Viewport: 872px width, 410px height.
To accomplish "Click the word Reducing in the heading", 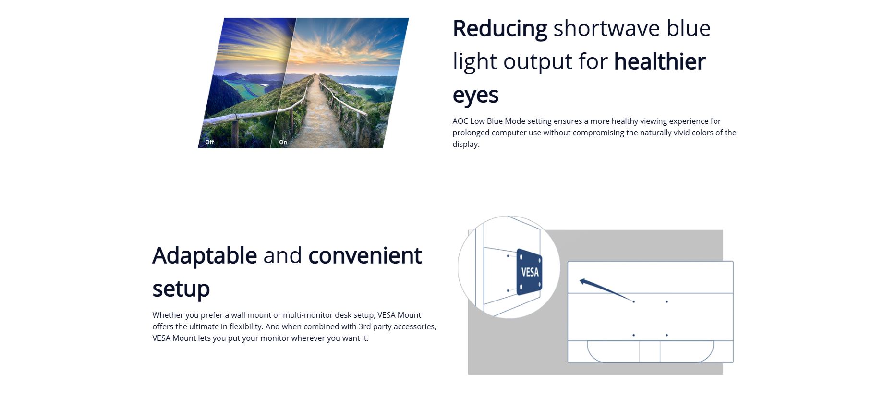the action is (500, 29).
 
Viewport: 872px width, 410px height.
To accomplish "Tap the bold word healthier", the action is (660, 61).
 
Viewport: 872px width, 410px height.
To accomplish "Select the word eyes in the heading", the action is (475, 95).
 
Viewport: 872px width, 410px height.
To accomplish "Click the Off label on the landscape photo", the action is (210, 142).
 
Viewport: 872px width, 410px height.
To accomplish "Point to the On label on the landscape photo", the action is (283, 142).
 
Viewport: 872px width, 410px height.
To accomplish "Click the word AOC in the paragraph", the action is (460, 121).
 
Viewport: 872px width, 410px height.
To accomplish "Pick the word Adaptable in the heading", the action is (205, 255).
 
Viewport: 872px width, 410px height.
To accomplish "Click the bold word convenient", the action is (365, 255).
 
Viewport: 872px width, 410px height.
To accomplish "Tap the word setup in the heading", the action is (181, 289).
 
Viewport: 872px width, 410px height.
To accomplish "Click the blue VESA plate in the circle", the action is (529, 272).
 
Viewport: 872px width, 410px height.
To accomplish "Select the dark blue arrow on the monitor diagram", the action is (606, 289).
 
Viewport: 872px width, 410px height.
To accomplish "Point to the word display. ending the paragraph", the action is (466, 145).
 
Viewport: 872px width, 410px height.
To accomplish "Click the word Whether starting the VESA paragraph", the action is (168, 315).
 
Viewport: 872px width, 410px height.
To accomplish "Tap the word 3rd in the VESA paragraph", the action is (365, 326).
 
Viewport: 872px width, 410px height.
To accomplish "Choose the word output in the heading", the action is (538, 62).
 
